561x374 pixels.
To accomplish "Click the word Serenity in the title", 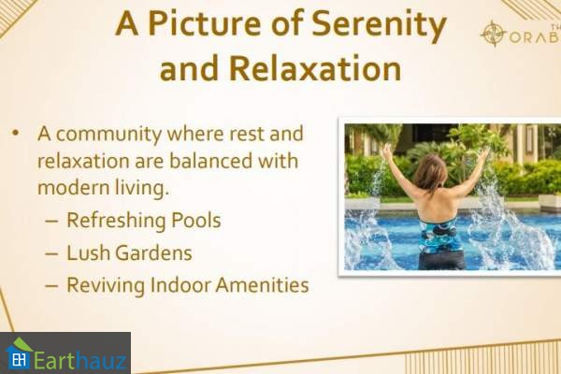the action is click(380, 25).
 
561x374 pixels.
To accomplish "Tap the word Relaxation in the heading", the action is click(315, 68).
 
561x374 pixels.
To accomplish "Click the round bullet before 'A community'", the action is click(15, 133).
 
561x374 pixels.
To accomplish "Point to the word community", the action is click(109, 135).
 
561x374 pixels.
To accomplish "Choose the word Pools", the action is click(196, 220).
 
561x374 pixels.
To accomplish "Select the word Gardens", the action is click(154, 252).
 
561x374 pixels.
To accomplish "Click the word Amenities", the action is click(262, 285).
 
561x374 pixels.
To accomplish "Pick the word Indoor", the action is click(180, 285).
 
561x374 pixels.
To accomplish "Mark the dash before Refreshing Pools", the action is click(51, 222).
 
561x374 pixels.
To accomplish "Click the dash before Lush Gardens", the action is click(51, 253).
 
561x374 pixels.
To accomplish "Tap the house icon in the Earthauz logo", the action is click(19, 353).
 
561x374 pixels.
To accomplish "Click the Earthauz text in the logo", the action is click(80, 359).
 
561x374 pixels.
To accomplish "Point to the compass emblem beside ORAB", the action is click(493, 34).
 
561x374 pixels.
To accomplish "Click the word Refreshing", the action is click(116, 221).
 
